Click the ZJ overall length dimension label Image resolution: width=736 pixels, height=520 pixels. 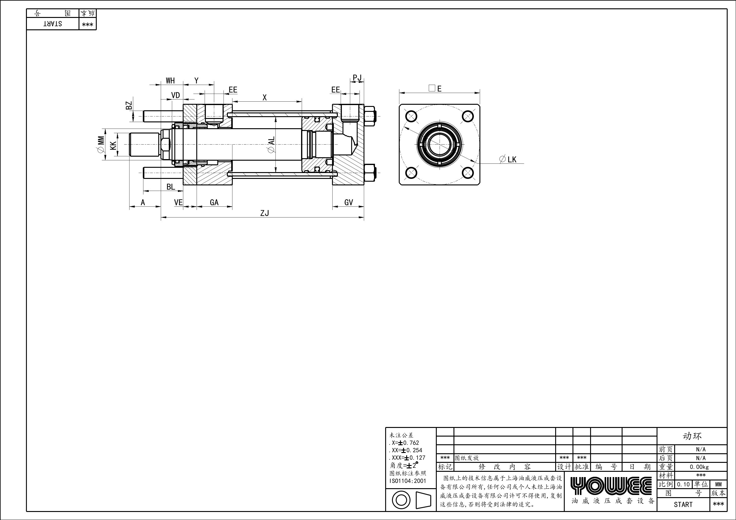265,213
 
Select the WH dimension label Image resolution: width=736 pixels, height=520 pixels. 170,81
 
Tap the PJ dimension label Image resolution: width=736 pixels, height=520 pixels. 357,78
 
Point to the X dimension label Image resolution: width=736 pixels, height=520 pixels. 265,98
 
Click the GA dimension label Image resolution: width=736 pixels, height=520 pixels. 214,202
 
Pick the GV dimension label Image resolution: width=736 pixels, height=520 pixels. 348,202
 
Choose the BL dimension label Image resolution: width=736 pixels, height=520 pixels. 171,187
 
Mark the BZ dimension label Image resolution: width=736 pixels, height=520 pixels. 129,105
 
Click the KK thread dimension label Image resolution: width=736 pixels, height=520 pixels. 113,146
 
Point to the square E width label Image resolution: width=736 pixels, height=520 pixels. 435,88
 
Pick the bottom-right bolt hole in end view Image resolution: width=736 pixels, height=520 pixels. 468,173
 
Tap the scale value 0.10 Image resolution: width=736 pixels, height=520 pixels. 683,484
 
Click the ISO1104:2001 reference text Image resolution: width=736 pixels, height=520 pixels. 408,480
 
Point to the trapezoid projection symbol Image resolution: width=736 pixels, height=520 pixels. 423,500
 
